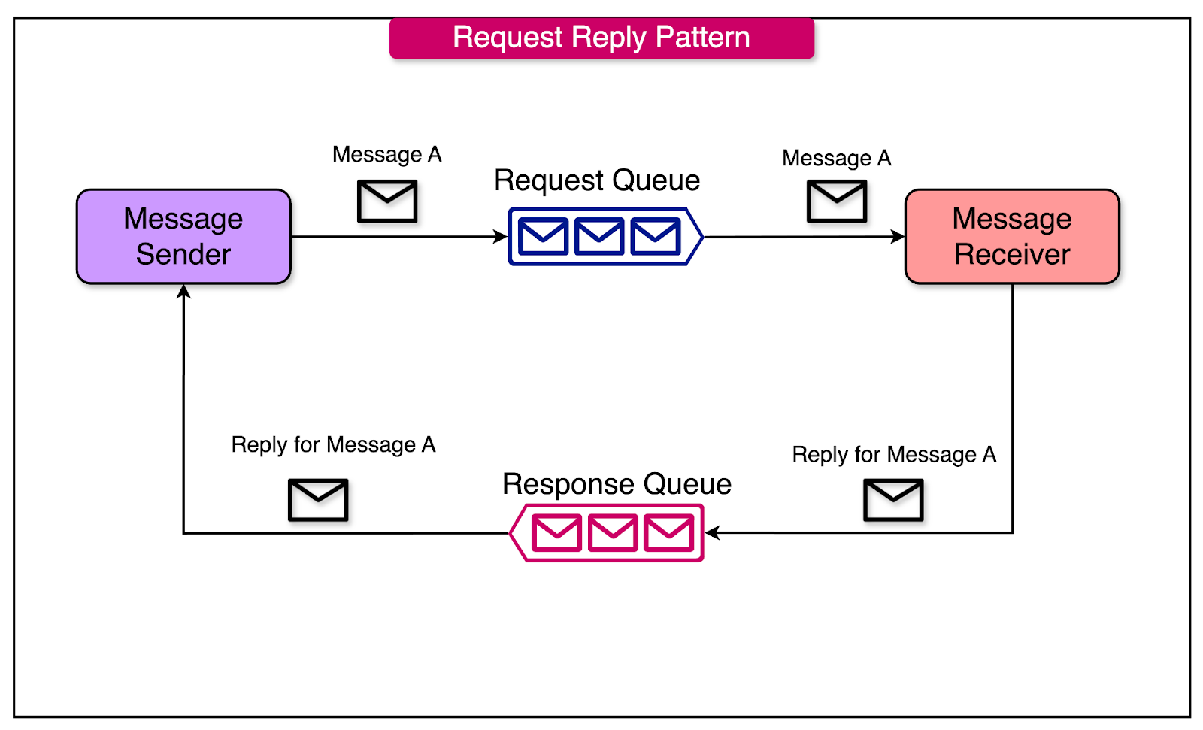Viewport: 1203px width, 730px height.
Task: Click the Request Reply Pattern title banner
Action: [x=601, y=38]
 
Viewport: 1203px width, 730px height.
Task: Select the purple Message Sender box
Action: [x=183, y=236]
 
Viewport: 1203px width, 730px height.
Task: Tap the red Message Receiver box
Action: [x=1012, y=236]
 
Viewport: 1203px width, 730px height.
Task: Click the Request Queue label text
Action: [x=597, y=180]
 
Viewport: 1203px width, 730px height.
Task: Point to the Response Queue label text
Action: [x=617, y=484]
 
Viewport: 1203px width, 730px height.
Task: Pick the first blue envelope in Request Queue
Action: [x=543, y=236]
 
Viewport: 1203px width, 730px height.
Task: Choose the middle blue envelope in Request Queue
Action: [x=599, y=236]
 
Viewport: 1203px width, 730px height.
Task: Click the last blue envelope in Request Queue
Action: [x=656, y=236]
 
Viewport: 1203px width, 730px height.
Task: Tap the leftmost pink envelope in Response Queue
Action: [x=556, y=532]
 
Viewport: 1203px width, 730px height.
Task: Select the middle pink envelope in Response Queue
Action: [x=613, y=532]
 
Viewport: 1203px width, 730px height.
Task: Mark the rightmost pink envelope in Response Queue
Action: [x=669, y=532]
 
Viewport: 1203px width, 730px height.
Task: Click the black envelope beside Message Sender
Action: [x=387, y=201]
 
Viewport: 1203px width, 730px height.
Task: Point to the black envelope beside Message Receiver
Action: [x=837, y=201]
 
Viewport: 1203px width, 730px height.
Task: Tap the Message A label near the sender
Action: [x=386, y=154]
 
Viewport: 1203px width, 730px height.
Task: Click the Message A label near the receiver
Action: [x=836, y=158]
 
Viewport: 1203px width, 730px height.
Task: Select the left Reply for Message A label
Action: [x=333, y=444]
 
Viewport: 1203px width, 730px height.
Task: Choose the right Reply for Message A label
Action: [x=894, y=454]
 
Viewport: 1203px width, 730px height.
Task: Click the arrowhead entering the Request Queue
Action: [x=501, y=237]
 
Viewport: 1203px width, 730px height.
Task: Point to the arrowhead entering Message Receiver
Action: [x=898, y=237]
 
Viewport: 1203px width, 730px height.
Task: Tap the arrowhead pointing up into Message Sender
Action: [x=183, y=292]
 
